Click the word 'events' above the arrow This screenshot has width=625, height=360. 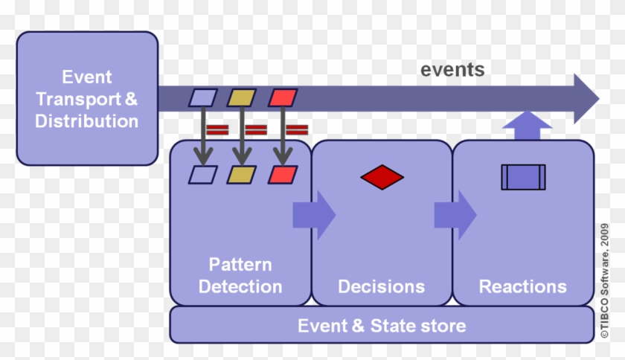click(452, 70)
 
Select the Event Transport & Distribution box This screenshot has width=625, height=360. click(87, 98)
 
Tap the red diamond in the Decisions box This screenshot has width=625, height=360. click(382, 177)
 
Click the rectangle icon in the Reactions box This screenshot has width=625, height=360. click(523, 177)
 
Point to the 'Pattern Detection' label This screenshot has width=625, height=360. click(240, 275)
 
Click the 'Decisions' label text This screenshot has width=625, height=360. click(381, 286)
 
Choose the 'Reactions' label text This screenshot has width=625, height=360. click(522, 286)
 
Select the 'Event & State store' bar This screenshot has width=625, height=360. click(382, 326)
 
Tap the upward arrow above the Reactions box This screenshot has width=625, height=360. click(527, 123)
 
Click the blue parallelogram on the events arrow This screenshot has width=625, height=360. click(202, 97)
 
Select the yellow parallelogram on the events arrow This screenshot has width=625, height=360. click(241, 97)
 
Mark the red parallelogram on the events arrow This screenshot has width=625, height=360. click(282, 97)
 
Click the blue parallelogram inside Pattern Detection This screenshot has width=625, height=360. click(202, 175)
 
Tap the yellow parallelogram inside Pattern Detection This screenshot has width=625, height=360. click(241, 175)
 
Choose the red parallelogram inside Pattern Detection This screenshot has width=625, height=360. click(282, 175)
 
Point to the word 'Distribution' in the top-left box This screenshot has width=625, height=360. click(86, 120)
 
